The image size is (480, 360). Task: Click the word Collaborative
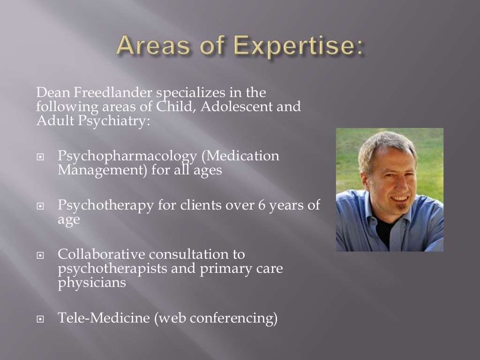101,255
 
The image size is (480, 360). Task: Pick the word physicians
92,283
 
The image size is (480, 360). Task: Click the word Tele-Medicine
104,318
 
